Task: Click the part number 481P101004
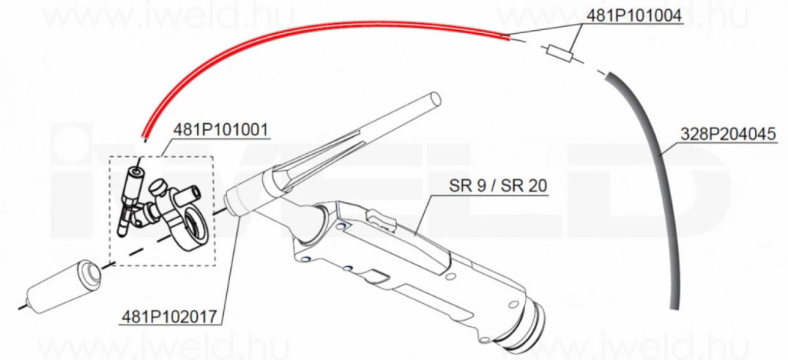point(634,16)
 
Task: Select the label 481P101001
point(221,130)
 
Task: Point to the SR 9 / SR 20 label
point(498,186)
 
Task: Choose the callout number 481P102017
point(169,318)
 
